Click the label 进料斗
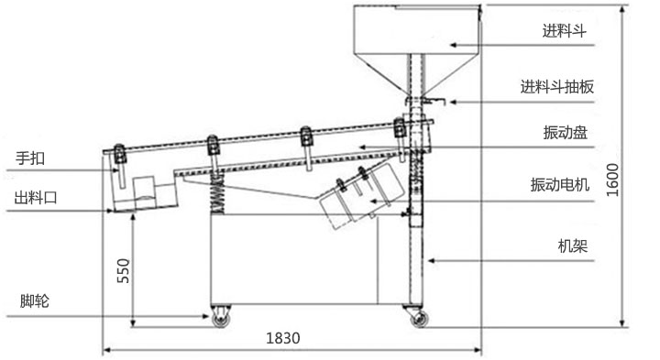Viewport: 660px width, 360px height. [564, 31]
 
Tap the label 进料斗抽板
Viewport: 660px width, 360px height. [557, 87]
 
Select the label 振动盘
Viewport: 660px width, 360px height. [565, 133]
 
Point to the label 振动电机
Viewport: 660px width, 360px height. [559, 185]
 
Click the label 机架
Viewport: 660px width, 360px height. [572, 246]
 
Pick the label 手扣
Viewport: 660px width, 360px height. [30, 158]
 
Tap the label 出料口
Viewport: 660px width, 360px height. [36, 197]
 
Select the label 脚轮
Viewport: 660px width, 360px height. [35, 301]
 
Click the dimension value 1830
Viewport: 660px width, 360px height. [283, 338]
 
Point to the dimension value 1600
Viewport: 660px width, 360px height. [613, 180]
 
